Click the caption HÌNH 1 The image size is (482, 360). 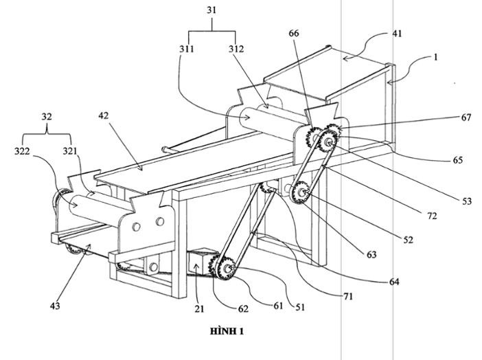click(226, 331)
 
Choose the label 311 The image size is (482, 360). click(187, 49)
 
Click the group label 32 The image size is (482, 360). click(46, 116)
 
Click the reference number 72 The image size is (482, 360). click(432, 216)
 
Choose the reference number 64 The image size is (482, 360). click(393, 282)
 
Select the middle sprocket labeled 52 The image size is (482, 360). click(300, 192)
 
